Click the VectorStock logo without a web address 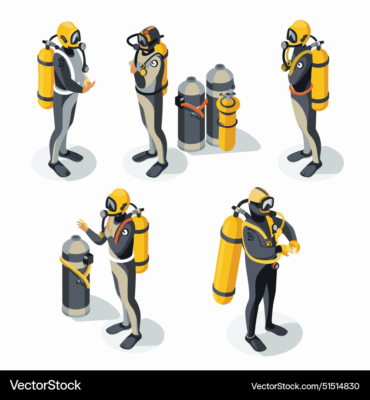tap(46, 385)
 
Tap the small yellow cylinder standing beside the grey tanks tap(227, 126)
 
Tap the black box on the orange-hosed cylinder tap(180, 101)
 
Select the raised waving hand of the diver tap(82, 224)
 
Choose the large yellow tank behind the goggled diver tap(227, 259)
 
